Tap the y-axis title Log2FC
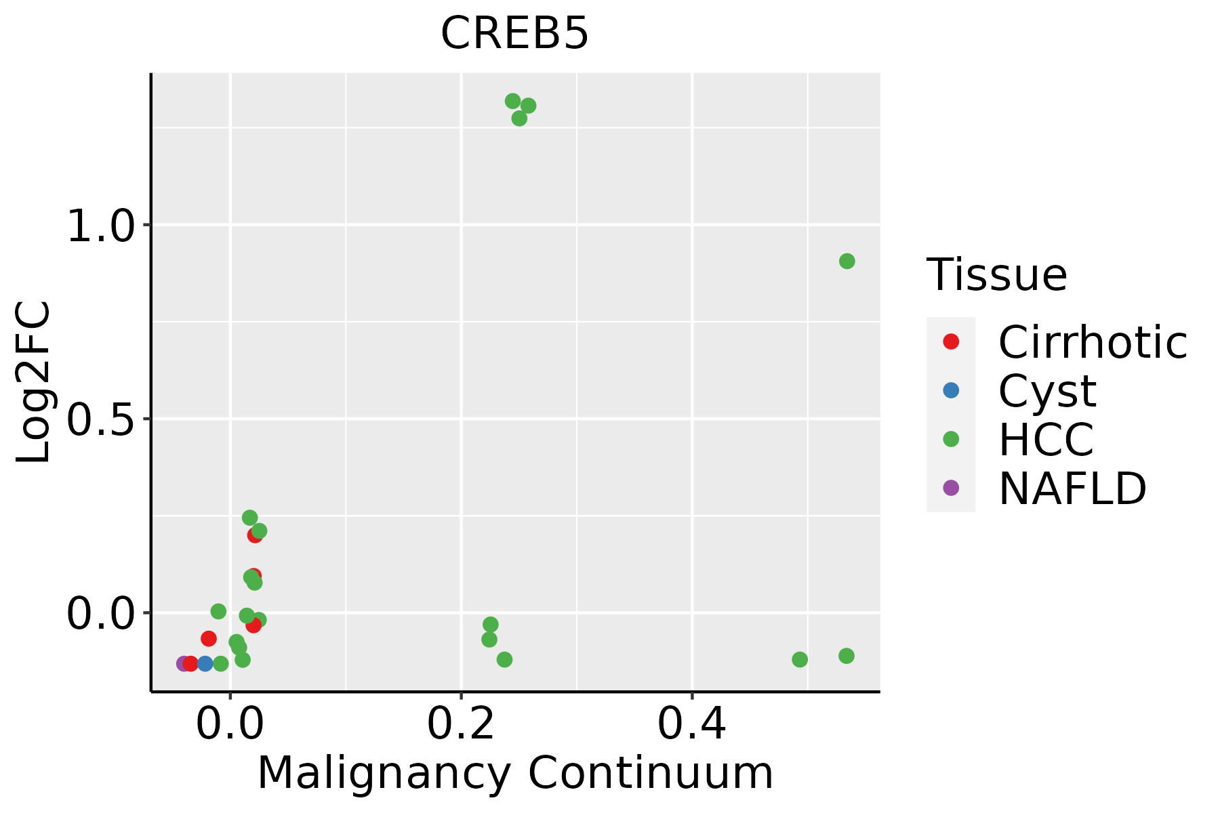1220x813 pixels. (34, 381)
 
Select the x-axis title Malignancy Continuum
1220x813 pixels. (515, 773)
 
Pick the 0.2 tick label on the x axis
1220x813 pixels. (461, 724)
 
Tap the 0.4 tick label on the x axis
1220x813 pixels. (692, 724)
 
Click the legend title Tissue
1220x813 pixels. (996, 275)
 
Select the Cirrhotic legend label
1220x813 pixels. (1093, 342)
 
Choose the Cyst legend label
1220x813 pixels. (1047, 391)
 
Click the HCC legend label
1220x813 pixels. (1046, 439)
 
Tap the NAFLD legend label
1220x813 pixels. (1072, 488)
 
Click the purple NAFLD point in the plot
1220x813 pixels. (183, 663)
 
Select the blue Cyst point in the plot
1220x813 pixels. (205, 663)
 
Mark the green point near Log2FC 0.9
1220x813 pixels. (847, 261)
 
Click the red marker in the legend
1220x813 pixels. (951, 341)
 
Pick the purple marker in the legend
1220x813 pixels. (951, 487)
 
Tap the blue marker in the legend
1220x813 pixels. (951, 390)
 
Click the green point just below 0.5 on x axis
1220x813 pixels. (800, 659)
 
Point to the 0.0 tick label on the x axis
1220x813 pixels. (230, 724)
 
